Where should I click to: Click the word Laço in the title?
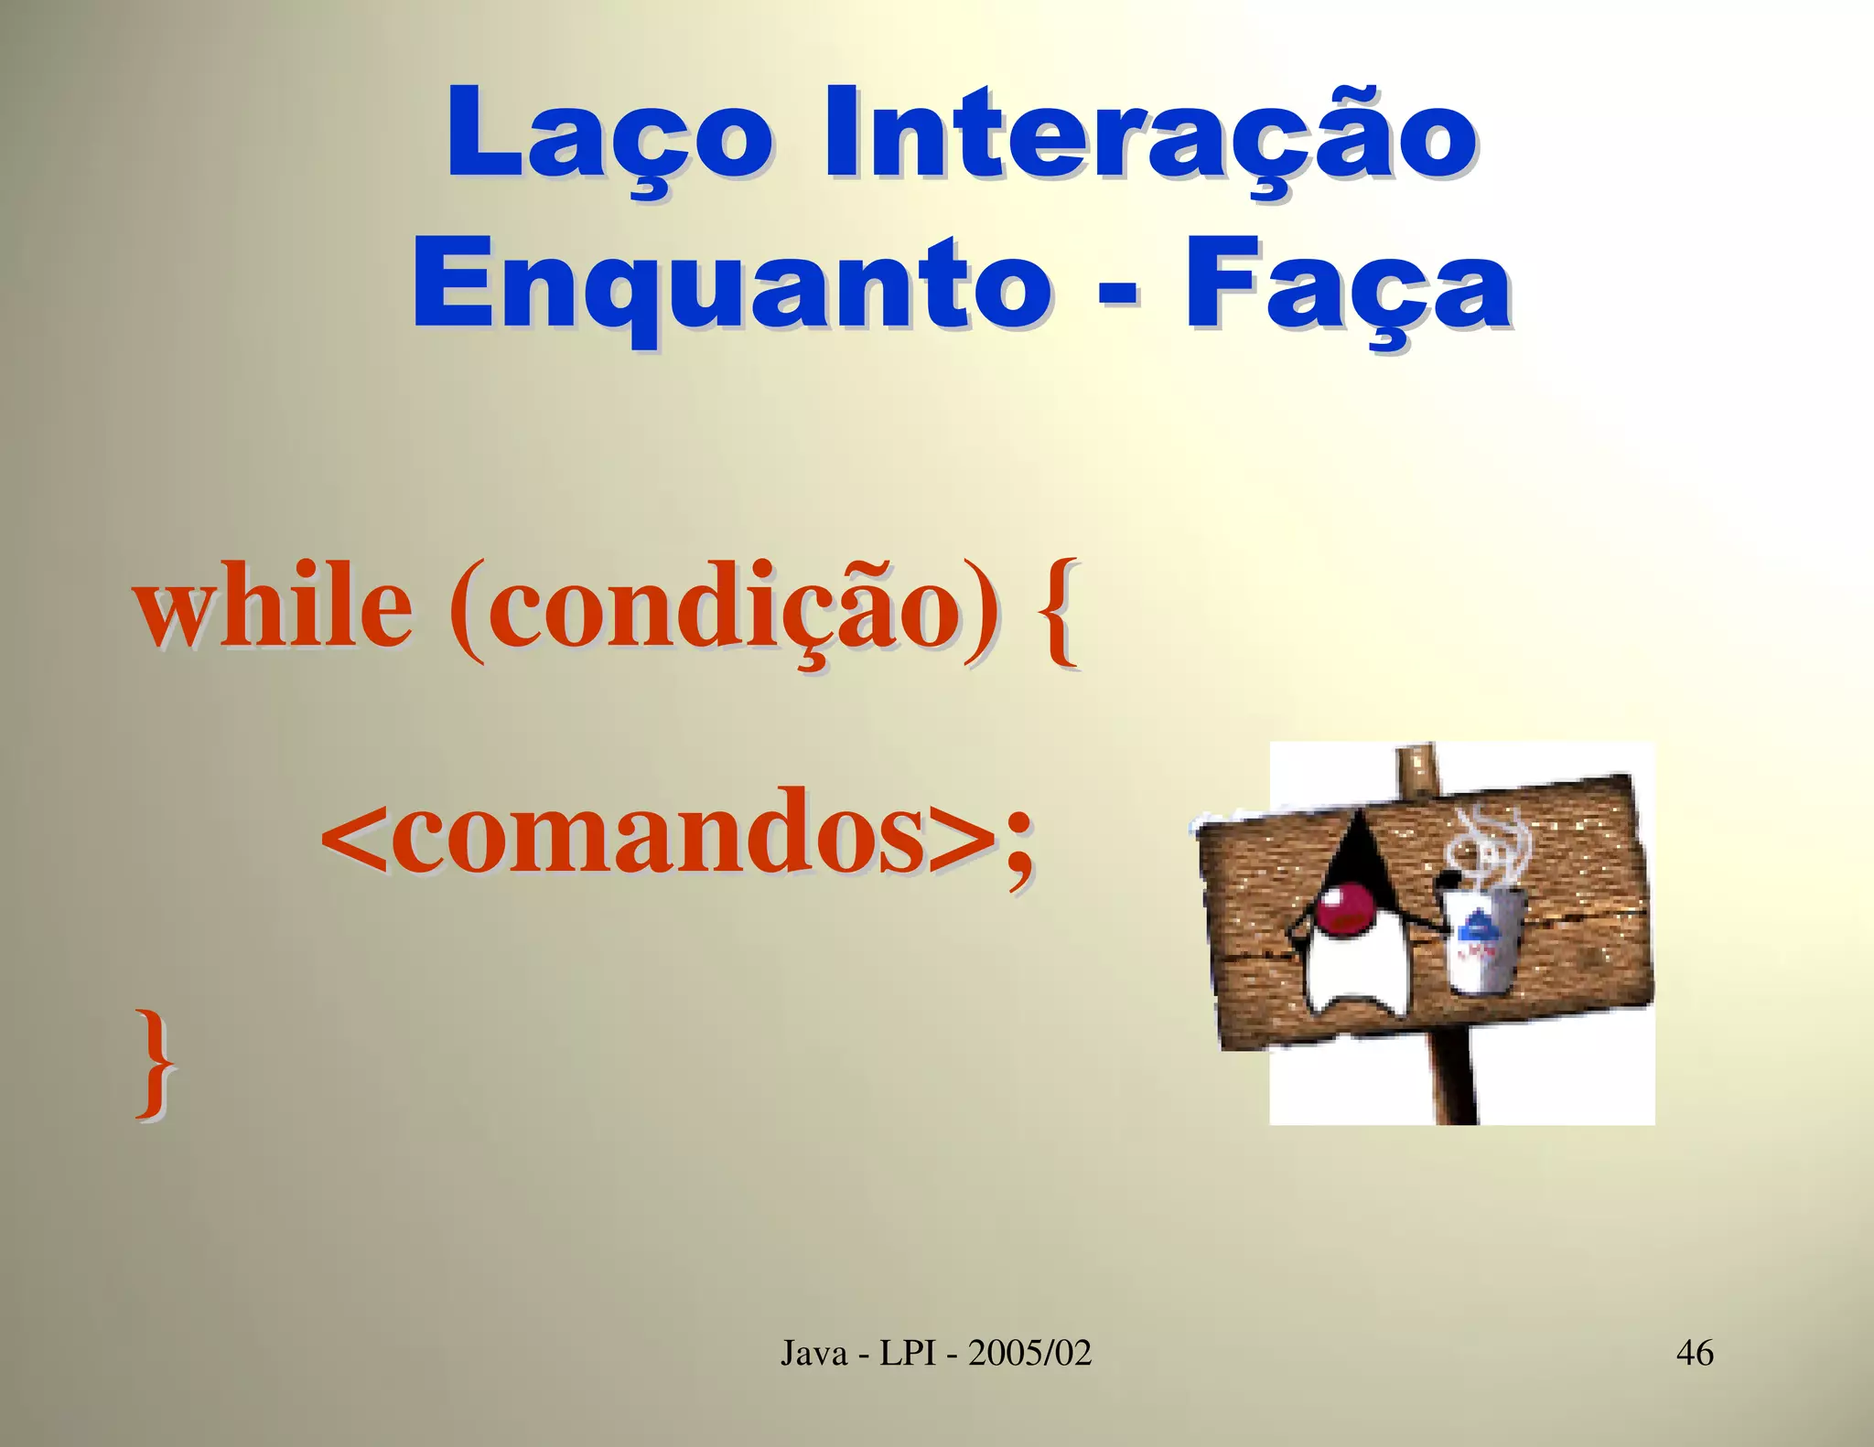coord(609,135)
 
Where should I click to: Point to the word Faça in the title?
coord(1348,284)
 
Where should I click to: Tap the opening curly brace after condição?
coord(1059,611)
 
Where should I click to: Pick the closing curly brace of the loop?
coord(156,1061)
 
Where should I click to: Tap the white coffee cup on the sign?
coord(1482,942)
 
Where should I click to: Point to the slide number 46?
coord(1695,1352)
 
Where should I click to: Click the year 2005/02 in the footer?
coord(1030,1352)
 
